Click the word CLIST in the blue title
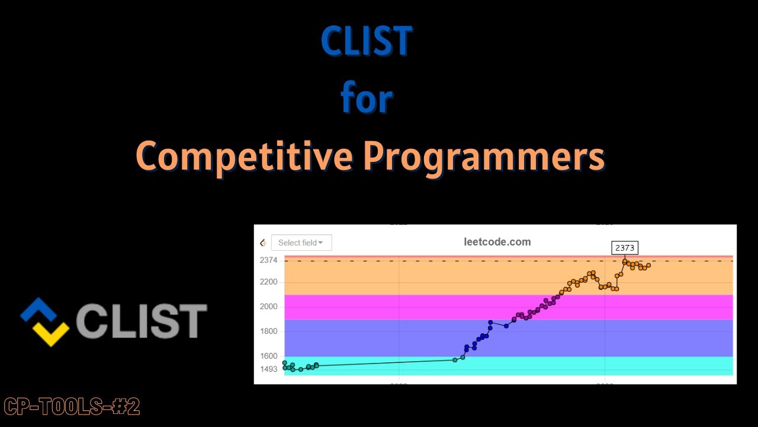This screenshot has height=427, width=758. coord(366,42)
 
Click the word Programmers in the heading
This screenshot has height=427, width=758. coord(484,156)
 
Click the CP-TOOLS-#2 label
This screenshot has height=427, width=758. coord(72,407)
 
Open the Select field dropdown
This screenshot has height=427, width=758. coord(301,243)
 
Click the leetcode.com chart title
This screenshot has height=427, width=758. coord(497,242)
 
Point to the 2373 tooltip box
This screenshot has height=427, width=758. coord(625,248)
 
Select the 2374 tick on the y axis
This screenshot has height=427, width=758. coord(268,260)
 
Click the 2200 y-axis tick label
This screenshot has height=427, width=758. coord(268,282)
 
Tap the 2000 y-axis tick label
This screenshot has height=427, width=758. coord(268,307)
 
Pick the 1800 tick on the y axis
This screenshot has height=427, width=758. coord(268,331)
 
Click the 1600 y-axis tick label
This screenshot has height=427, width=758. coord(268,356)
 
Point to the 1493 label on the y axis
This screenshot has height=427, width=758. coord(268,369)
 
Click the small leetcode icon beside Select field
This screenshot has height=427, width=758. coord(263,243)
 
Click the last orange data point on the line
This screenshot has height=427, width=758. coord(648,265)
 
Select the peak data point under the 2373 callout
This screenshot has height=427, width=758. coord(625,261)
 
